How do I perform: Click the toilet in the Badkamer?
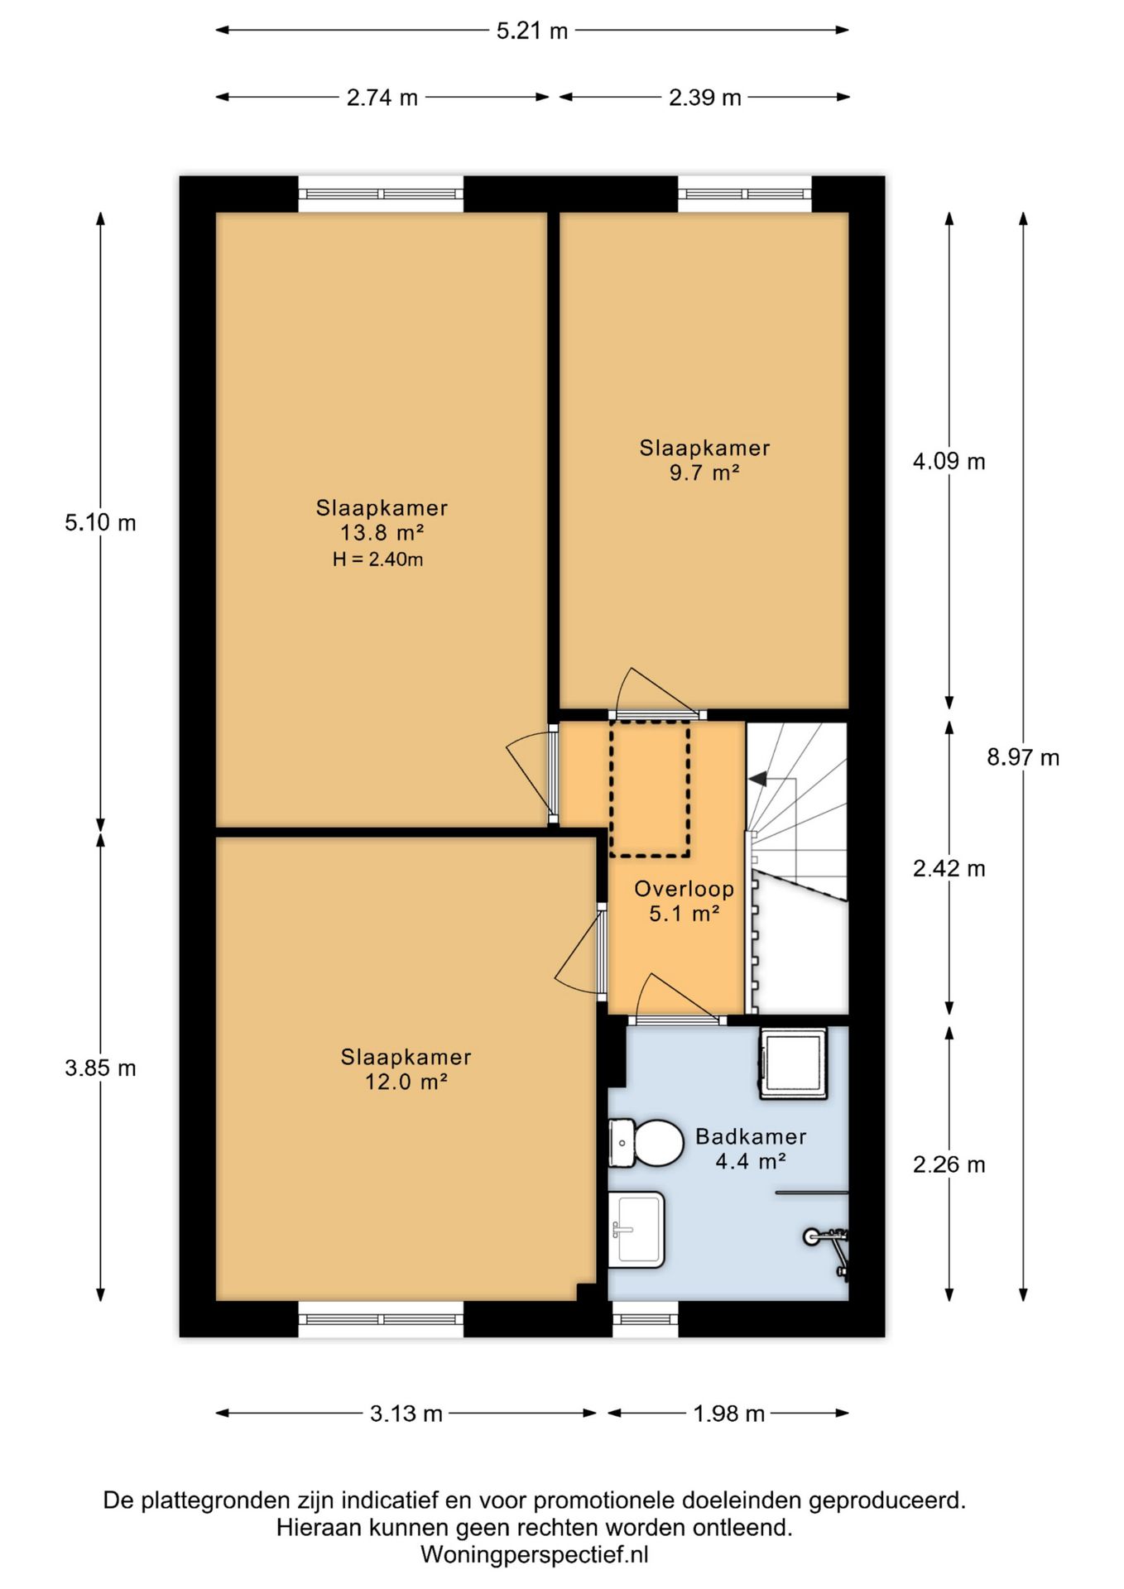(646, 1143)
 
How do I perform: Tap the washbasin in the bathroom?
(636, 1229)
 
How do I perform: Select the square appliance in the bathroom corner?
(793, 1063)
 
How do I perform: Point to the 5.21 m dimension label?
(532, 31)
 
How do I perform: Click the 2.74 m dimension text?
(382, 98)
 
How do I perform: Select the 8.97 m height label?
(1023, 757)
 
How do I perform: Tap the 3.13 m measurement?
(406, 1414)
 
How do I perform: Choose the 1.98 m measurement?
(729, 1414)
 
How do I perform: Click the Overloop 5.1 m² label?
(684, 901)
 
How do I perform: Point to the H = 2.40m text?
(378, 559)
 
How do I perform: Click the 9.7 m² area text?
(704, 473)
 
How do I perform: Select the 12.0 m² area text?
(406, 1082)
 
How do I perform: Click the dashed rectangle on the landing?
(650, 789)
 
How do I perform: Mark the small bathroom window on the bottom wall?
(646, 1319)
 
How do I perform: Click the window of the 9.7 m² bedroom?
(745, 194)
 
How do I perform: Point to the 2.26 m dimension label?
(949, 1164)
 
